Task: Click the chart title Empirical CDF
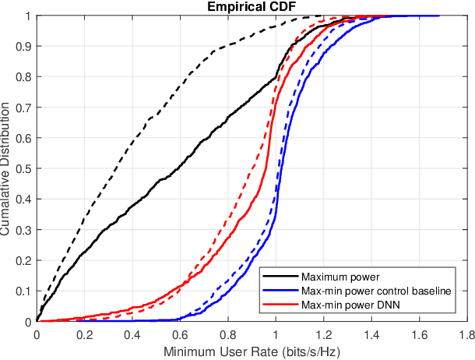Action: (252, 7)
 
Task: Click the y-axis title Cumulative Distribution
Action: (6, 168)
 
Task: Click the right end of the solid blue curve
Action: (438, 16)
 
